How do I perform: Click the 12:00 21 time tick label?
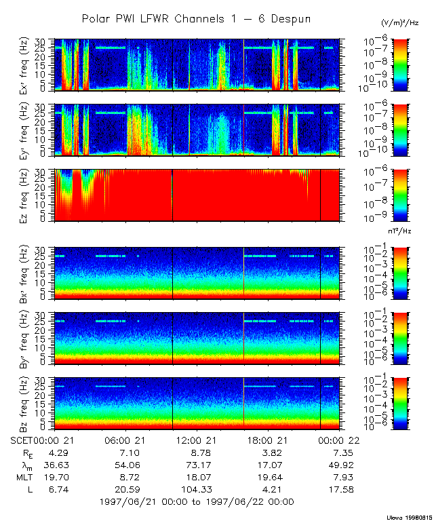click(197, 441)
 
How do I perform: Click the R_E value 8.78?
click(197, 452)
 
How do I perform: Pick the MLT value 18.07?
click(197, 477)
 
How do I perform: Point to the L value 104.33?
click(197, 489)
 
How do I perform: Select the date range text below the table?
click(196, 502)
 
